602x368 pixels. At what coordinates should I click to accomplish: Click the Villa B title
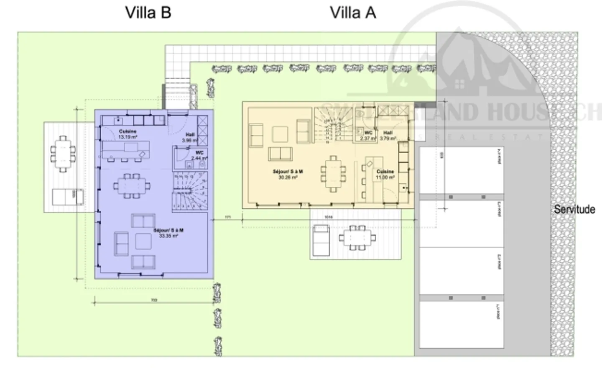coord(148,13)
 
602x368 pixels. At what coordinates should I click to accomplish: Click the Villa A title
coord(353,13)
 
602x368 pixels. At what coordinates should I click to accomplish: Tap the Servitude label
coord(574,209)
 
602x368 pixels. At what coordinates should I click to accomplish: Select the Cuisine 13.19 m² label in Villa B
coord(128,134)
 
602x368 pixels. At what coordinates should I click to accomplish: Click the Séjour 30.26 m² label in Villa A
coord(288,174)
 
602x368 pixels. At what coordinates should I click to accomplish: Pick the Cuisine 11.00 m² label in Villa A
coord(385,174)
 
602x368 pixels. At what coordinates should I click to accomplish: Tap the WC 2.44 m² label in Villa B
coord(199,155)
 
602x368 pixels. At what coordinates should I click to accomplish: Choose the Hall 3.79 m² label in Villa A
coord(388,135)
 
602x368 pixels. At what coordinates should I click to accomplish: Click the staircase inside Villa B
coord(190,192)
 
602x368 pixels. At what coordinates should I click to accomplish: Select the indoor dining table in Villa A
coord(333,173)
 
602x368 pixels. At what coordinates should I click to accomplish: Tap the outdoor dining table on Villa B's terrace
coord(63,154)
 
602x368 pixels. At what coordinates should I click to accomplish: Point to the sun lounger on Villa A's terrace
coord(321,241)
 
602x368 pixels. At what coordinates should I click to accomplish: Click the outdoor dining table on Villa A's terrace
coord(357,238)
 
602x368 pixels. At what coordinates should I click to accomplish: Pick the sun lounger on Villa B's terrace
coord(67,197)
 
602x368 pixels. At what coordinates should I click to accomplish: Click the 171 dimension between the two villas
coord(228,217)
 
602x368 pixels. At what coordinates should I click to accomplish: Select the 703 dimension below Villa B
coord(153,300)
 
